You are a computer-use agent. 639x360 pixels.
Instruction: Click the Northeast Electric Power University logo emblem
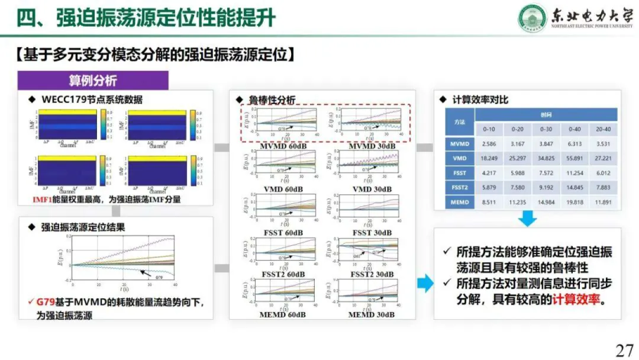click(532, 18)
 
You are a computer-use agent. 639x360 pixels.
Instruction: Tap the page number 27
click(624, 349)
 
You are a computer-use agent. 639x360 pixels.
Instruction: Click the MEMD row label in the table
click(460, 201)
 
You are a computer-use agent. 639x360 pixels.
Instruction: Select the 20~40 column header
click(603, 128)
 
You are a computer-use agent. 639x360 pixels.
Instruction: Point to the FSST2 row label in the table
click(460, 187)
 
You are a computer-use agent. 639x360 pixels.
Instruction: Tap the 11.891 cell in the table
click(603, 201)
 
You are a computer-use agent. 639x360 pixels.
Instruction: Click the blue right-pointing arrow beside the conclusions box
click(425, 284)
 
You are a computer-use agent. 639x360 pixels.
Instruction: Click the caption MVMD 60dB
click(281, 146)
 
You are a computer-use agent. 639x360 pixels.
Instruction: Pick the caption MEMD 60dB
click(281, 315)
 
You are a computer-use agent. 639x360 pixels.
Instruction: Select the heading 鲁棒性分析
click(272, 101)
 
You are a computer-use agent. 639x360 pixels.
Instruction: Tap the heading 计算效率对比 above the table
click(480, 100)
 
